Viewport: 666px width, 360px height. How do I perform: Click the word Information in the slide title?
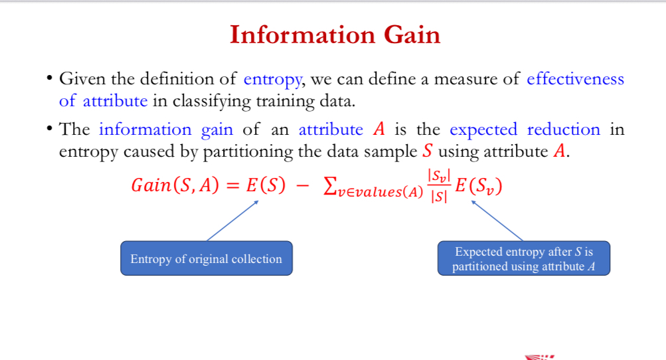[302, 35]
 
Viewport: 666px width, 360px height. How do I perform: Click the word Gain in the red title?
[412, 35]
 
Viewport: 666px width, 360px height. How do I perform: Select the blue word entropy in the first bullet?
[273, 80]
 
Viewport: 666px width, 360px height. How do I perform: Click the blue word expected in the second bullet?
[483, 130]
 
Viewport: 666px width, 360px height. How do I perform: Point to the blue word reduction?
[564, 129]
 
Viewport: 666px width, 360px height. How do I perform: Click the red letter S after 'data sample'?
[428, 151]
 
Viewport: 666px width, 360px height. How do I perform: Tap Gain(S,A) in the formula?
[175, 185]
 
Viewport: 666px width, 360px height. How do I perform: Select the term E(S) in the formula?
[266, 185]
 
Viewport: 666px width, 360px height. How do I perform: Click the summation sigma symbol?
[330, 186]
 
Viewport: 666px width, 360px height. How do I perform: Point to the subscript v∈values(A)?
[380, 192]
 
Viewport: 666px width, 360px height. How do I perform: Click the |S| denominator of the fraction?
[439, 197]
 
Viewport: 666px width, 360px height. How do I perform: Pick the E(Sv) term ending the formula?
[479, 186]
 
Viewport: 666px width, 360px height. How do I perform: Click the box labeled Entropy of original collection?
[207, 258]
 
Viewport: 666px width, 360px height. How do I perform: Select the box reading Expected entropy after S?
[524, 258]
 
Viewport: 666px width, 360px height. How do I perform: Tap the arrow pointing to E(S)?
[233, 221]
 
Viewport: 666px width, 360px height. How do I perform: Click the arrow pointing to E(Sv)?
[497, 221]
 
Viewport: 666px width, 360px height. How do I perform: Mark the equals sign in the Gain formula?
[233, 186]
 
